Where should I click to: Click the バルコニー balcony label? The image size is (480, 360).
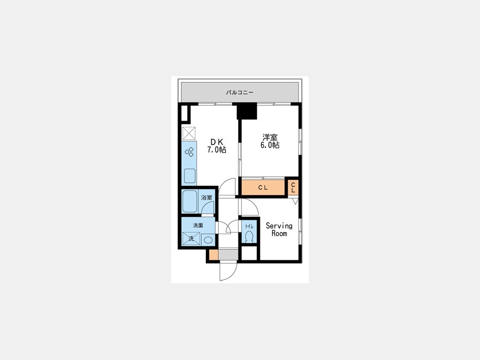point(239,92)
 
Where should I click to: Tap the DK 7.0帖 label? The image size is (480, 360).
point(217,146)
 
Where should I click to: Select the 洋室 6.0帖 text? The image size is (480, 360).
point(270,141)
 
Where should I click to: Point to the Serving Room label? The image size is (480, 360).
point(279,229)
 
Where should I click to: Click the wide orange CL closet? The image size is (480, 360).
point(263,187)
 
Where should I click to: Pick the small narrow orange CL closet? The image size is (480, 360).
point(293,187)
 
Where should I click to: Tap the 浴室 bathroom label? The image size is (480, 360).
point(206,197)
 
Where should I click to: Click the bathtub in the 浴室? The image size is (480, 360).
point(189,202)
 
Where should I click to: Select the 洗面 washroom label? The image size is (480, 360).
point(198,225)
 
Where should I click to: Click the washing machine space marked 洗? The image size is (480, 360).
point(191,238)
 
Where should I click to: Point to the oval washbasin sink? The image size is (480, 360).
point(208,239)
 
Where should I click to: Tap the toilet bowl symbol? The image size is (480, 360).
point(249,237)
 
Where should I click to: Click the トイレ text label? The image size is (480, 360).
point(249,227)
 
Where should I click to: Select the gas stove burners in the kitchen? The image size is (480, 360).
point(189,152)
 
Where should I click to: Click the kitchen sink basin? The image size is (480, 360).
point(190,175)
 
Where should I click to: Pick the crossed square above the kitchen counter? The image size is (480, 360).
point(189,133)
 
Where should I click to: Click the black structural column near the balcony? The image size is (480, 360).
point(247,111)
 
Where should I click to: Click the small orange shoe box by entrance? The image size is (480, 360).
point(213,255)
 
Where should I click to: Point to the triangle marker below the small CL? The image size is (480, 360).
point(295,201)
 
